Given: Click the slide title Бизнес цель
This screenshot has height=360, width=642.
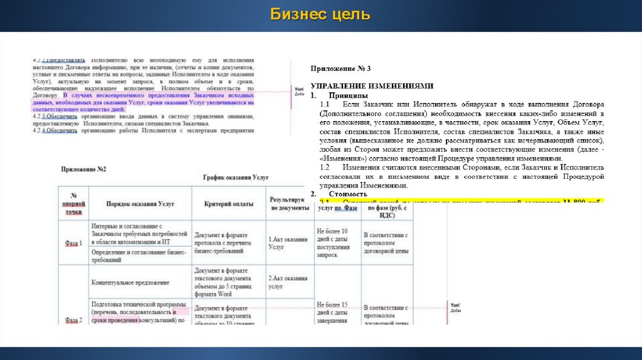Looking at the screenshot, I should [x=320, y=14].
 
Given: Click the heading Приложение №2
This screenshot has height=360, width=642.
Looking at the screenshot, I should [x=83, y=169].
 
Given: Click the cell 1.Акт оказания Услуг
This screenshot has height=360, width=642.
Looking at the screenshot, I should [x=287, y=243].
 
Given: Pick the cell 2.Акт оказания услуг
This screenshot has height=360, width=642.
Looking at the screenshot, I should [x=287, y=282].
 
